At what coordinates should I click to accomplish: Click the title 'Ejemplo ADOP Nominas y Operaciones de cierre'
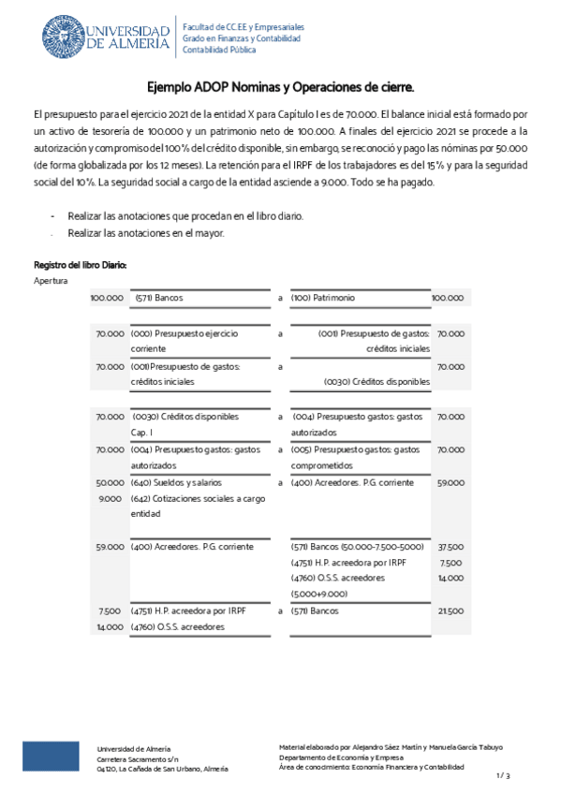pyautogui.click(x=280, y=86)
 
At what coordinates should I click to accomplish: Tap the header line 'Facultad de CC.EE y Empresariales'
pyautogui.click(x=243, y=27)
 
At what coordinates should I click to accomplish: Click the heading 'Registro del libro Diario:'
pyautogui.click(x=80, y=265)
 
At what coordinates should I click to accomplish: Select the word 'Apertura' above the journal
pyautogui.click(x=51, y=281)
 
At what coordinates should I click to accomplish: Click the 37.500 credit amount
pyautogui.click(x=450, y=546)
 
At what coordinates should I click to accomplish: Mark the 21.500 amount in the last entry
pyautogui.click(x=450, y=611)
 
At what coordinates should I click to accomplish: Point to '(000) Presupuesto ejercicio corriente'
pyautogui.click(x=185, y=340)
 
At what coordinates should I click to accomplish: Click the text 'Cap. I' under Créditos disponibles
pyautogui.click(x=143, y=433)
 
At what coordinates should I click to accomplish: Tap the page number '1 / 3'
pyautogui.click(x=503, y=775)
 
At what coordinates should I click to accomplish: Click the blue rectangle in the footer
pyautogui.click(x=52, y=756)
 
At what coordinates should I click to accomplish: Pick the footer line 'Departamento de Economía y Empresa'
pyautogui.click(x=342, y=757)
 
